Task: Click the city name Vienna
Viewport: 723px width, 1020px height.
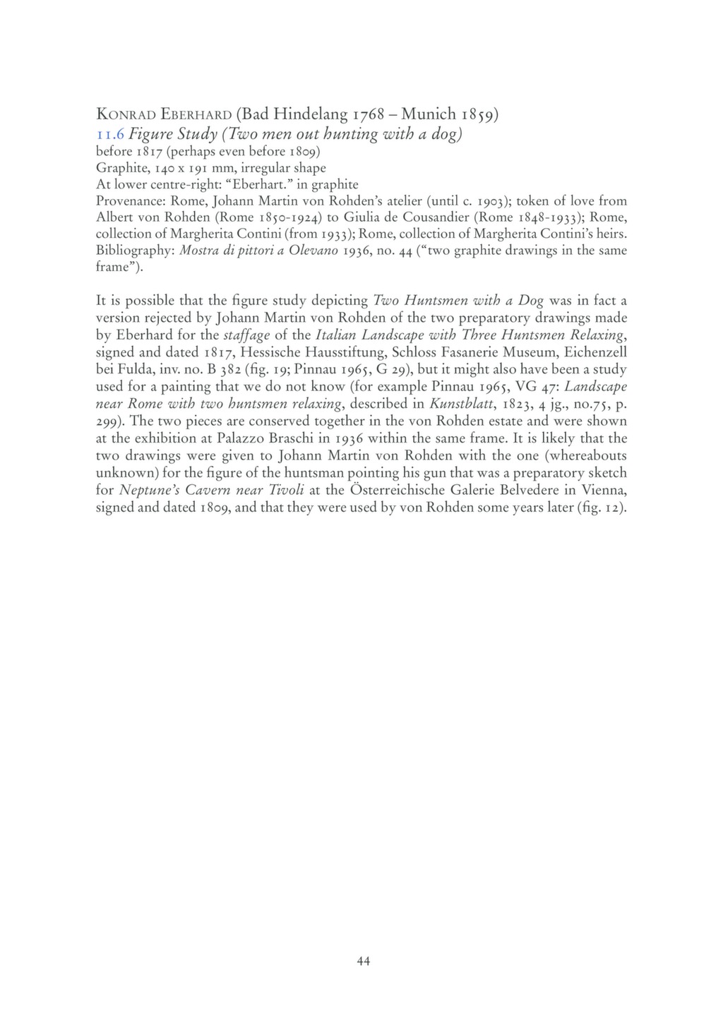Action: click(603, 490)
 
